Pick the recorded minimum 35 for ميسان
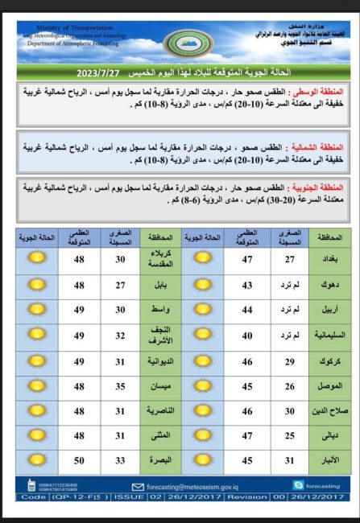point(120,385)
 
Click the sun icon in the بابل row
point(36,285)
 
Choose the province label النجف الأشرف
point(159,335)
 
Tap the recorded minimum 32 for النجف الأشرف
point(120,335)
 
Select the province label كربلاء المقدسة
point(159,259)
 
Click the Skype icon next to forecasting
point(299,485)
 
